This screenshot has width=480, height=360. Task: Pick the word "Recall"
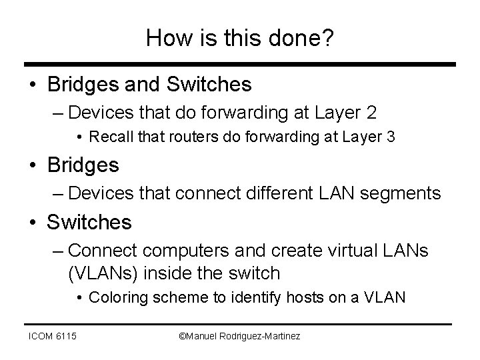coord(110,138)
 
